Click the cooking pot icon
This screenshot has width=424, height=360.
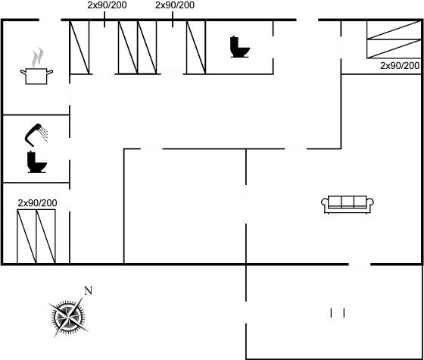(36, 76)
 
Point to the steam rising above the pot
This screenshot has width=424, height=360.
(37, 57)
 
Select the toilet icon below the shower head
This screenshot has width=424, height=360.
(37, 162)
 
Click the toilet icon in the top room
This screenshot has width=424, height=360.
(240, 46)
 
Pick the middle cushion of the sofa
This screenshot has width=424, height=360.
(348, 202)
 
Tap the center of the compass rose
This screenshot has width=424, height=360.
(68, 316)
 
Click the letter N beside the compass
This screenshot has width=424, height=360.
(88, 291)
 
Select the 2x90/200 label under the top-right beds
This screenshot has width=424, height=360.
(400, 65)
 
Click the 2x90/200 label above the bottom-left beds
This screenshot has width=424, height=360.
(37, 203)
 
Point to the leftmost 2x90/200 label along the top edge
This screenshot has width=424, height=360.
(107, 5)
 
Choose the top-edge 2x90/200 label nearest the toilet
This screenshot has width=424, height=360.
(175, 5)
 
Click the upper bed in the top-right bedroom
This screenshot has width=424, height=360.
(394, 30)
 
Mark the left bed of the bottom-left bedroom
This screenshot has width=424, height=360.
(26, 236)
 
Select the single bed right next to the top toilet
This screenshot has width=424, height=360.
(196, 47)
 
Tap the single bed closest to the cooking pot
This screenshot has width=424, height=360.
(79, 47)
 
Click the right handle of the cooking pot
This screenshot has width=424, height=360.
(50, 72)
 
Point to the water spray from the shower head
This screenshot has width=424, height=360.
(44, 135)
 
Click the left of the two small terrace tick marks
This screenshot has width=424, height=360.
(331, 312)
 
